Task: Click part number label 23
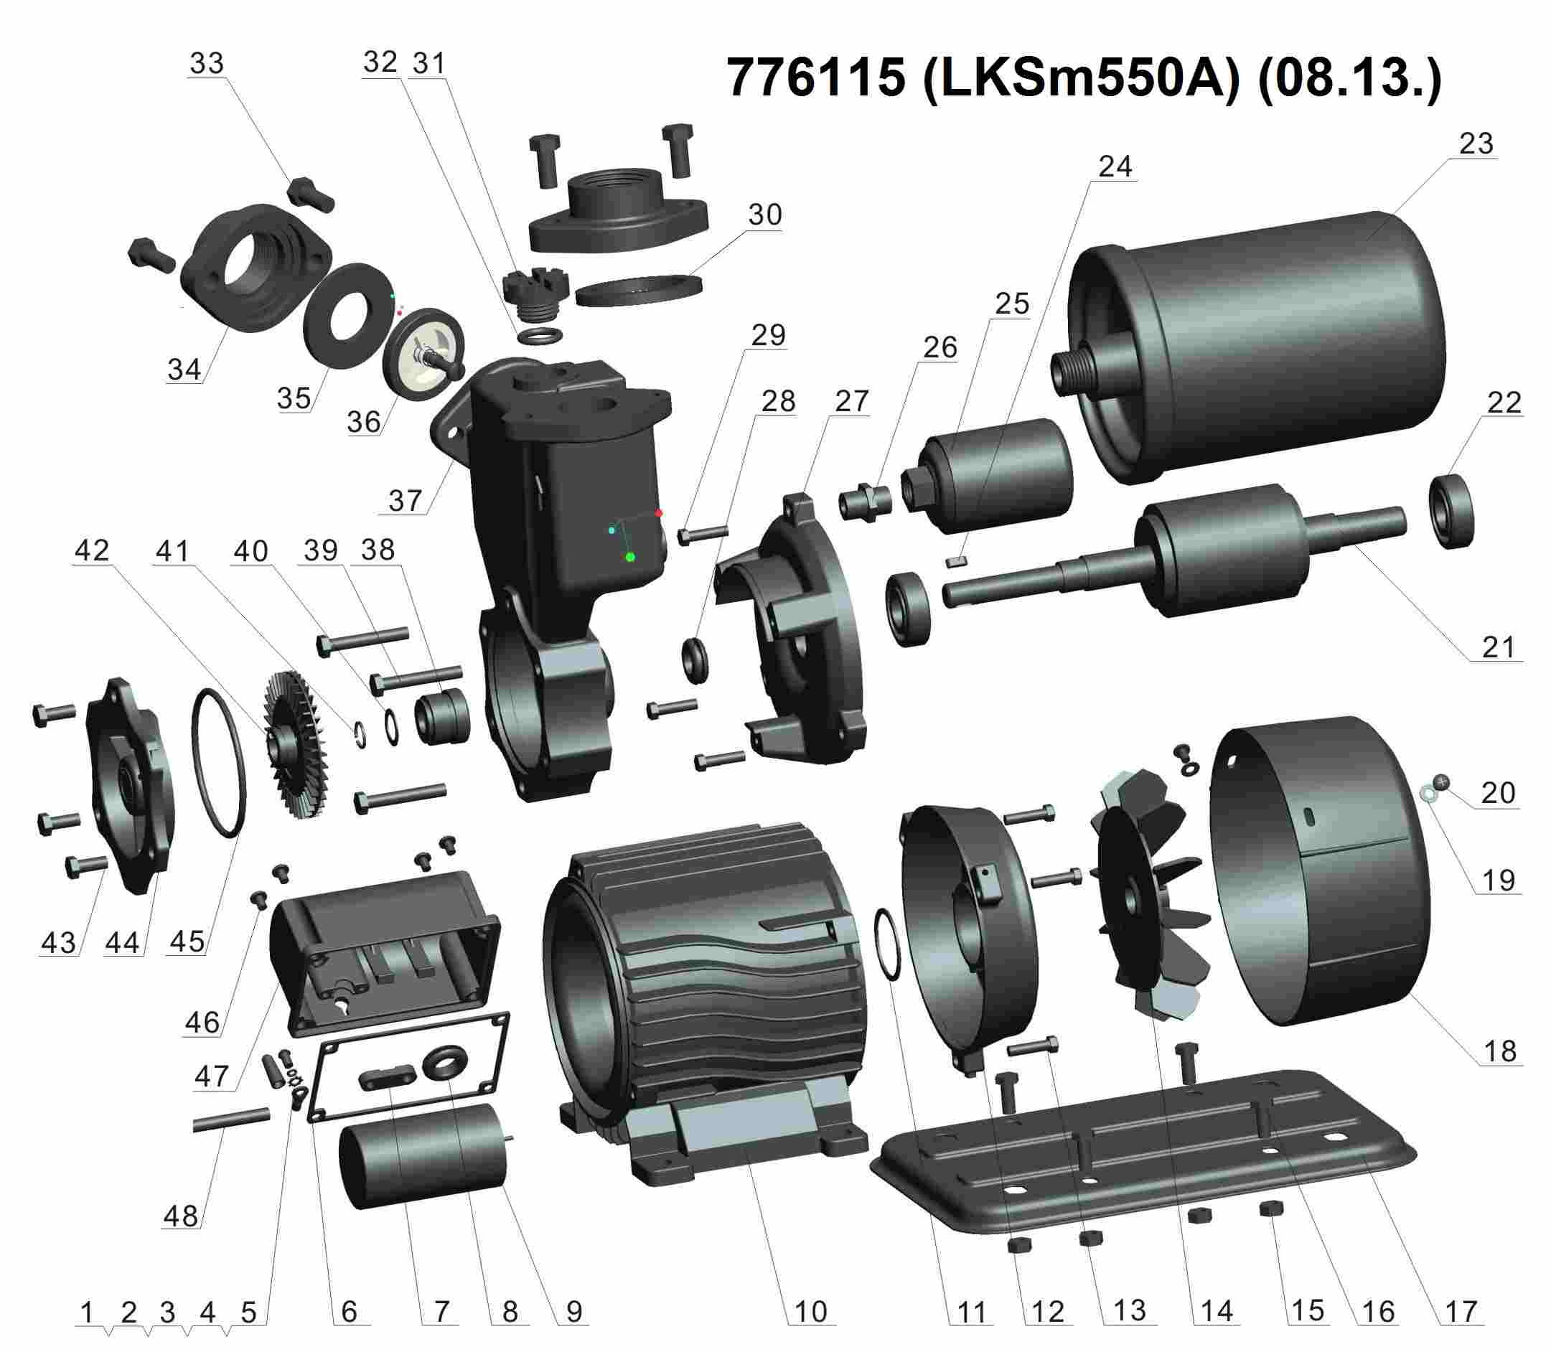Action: pyautogui.click(x=1475, y=144)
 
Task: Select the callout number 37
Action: pyautogui.click(x=405, y=499)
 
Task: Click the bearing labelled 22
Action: pyautogui.click(x=1451, y=510)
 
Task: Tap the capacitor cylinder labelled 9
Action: pyautogui.click(x=423, y=1158)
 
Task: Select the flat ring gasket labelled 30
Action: pyautogui.click(x=638, y=290)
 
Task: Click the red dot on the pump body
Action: pyautogui.click(x=659, y=513)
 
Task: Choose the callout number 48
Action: pyautogui.click(x=181, y=1216)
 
